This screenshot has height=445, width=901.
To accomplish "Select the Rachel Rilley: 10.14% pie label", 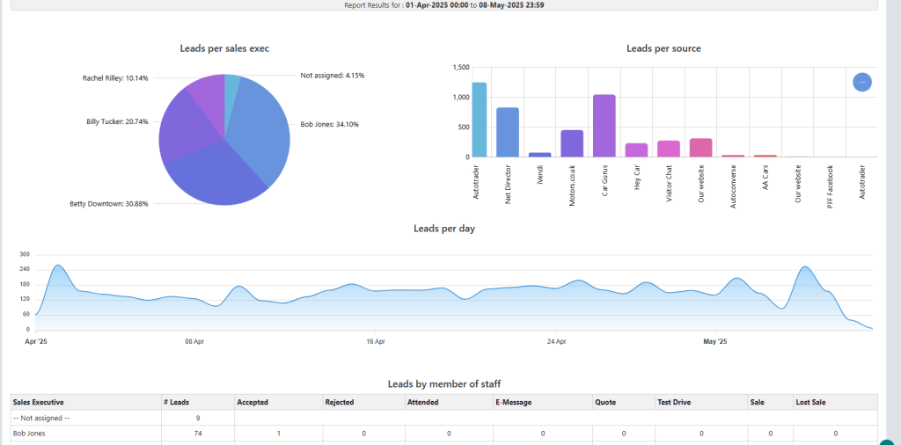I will pyautogui.click(x=115, y=77).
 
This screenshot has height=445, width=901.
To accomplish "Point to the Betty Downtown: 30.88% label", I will pyautogui.click(x=109, y=204).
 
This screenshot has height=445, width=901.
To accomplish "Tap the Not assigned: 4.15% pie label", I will pyautogui.click(x=332, y=76).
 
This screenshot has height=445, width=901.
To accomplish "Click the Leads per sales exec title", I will pyautogui.click(x=223, y=47).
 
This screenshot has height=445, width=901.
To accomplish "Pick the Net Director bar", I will pyautogui.click(x=508, y=132).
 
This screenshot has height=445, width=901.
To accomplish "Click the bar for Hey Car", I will pyautogui.click(x=636, y=150).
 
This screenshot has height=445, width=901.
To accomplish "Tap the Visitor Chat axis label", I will pyautogui.click(x=668, y=180).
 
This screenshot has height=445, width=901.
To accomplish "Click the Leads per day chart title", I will pyautogui.click(x=444, y=229).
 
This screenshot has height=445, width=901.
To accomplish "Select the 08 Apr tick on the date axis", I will pyautogui.click(x=194, y=341).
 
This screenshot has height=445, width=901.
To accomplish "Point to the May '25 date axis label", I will pyautogui.click(x=715, y=341).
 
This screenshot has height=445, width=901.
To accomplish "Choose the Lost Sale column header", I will pyautogui.click(x=812, y=402).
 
